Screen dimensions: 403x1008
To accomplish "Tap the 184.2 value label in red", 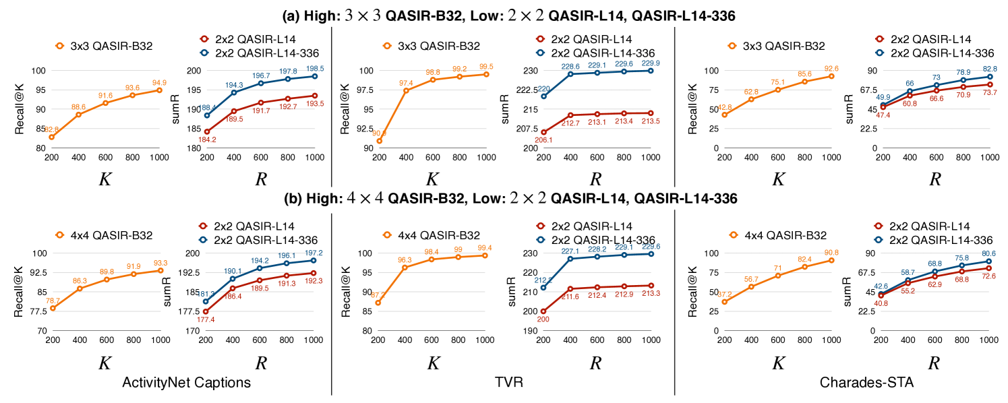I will pyautogui.click(x=206, y=139).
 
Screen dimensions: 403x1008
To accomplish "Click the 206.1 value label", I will pyautogui.click(x=543, y=139).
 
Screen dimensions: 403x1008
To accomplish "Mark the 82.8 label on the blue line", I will pyautogui.click(x=988, y=69).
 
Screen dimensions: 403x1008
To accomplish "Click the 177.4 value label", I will pyautogui.click(x=206, y=319).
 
